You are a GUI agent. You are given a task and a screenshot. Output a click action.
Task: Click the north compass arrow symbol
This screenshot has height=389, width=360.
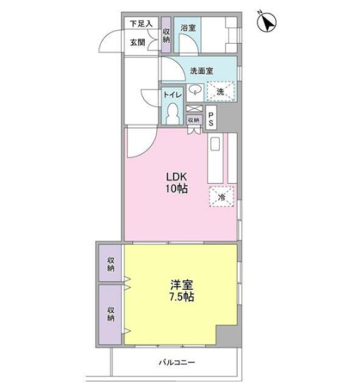click(x=267, y=22)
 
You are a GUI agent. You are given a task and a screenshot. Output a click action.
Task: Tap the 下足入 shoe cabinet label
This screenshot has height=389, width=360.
click(x=141, y=24)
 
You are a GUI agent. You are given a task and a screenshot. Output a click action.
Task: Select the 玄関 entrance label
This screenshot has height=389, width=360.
click(x=137, y=42)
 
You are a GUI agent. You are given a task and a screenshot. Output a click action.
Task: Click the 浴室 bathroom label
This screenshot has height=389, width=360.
click(x=188, y=27)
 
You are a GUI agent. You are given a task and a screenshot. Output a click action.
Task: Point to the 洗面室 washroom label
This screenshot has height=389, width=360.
click(x=202, y=71)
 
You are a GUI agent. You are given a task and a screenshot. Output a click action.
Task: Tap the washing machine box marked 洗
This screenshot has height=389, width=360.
click(x=221, y=92)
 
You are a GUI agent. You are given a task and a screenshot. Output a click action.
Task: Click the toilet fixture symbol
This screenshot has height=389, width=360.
click(x=173, y=113)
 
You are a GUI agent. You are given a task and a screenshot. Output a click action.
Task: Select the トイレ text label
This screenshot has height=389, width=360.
click(x=173, y=94)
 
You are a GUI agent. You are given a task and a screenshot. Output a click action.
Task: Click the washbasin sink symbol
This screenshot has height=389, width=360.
click(x=195, y=90)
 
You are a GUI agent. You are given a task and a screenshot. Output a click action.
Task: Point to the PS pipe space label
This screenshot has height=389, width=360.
click(x=211, y=119)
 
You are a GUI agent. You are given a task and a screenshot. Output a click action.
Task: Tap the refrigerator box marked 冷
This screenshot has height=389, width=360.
click(x=221, y=196)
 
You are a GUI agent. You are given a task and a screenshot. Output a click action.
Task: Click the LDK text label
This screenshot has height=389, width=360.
click(x=176, y=177)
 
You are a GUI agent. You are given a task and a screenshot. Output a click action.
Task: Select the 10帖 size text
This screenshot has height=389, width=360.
click(x=176, y=189)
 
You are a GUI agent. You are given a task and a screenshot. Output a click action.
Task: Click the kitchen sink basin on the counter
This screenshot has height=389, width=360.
click(x=215, y=144)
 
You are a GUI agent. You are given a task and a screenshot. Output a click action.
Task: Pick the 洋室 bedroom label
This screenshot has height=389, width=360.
click(x=182, y=285)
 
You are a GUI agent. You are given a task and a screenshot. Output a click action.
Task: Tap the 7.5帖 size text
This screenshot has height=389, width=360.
click(x=182, y=297)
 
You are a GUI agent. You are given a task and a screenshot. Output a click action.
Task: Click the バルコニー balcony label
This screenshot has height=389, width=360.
click(x=177, y=363)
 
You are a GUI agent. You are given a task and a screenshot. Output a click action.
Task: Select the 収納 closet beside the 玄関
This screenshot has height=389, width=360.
click(x=166, y=36)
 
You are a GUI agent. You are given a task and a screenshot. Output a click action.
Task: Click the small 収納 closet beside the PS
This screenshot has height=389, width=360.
click(x=194, y=120)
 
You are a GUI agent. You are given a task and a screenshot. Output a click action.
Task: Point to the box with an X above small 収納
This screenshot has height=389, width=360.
click(x=194, y=109)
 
